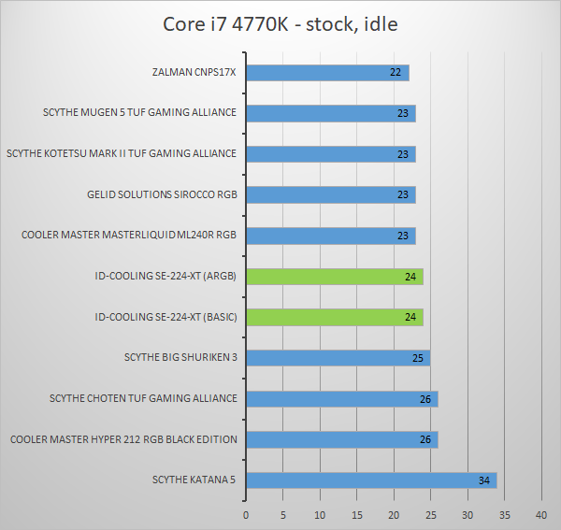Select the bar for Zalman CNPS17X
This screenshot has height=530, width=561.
coord(327,73)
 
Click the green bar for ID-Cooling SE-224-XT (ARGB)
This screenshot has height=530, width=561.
coord(334,277)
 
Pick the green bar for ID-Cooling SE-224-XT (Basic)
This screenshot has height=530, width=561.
coord(334,317)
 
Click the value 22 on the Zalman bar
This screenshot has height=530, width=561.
coord(396,73)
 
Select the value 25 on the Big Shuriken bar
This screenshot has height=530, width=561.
coord(418,358)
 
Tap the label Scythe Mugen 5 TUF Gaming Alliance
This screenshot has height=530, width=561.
coord(139,113)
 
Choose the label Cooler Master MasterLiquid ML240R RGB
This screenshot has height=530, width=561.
coord(129,236)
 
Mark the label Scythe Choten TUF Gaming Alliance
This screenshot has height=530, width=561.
coord(143,398)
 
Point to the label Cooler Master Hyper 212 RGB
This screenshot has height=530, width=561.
coord(123,439)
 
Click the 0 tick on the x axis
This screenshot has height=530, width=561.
coord(246,515)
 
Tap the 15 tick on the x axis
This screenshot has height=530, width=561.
coord(356,515)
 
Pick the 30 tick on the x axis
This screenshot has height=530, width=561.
coord(467,515)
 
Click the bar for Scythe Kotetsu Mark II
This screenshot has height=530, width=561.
coord(330,154)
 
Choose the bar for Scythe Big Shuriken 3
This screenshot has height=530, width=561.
coord(338,358)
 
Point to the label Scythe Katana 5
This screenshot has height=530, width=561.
coord(194,480)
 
